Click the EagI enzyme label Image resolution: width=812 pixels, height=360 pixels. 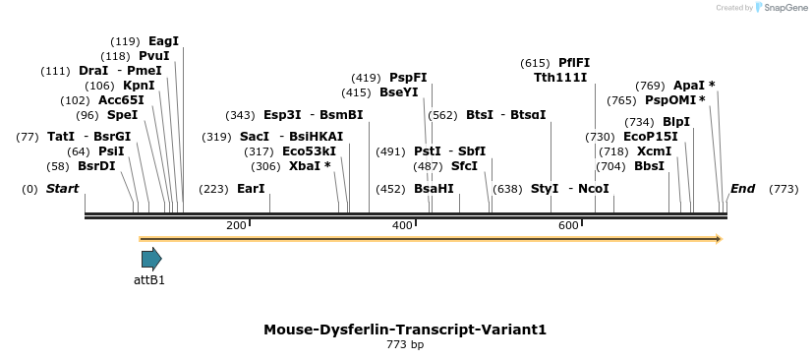pos(163,41)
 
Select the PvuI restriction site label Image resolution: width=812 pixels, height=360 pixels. pos(154,56)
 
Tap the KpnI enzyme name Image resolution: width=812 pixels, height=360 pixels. pos(139,86)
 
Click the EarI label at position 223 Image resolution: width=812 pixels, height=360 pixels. pos(251,189)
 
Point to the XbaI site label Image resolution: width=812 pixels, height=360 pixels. pos(310,166)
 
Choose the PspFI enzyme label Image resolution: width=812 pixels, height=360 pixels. pos(408,78)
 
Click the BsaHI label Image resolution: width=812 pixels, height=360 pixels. pos(434,189)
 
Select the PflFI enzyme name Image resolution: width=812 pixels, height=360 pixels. pos(574,63)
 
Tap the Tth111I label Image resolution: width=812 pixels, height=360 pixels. pos(560,78)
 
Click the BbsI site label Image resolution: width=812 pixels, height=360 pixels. pos(649,166)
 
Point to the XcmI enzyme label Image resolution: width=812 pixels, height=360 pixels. pos(654,151)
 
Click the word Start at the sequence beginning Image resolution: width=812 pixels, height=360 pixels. pos(62,189)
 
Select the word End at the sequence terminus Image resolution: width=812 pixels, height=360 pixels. pos(742,189)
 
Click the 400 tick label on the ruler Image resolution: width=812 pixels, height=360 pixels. pos(402,226)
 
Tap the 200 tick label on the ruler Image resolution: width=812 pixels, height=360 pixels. pos(236,226)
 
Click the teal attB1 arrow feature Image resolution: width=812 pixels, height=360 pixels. pos(151,259)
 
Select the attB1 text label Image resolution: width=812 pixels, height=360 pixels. pos(149,280)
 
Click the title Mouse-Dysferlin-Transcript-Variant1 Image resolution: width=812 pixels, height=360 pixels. pos(404,330)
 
